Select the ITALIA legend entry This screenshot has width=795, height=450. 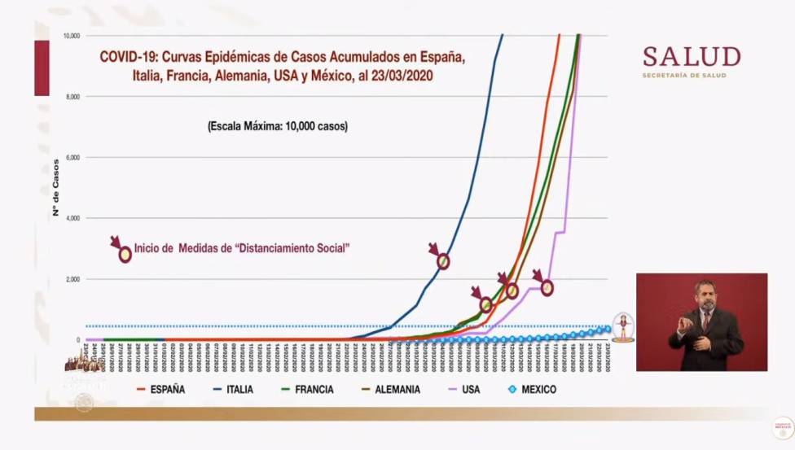(x=233, y=390)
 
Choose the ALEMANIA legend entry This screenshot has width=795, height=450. (x=391, y=390)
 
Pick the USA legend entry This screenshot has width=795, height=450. (x=471, y=390)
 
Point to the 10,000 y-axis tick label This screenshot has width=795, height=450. (x=71, y=36)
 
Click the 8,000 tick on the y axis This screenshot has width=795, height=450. (x=73, y=97)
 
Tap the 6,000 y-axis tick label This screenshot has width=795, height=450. (x=73, y=158)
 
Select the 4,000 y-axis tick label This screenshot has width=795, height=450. (x=73, y=219)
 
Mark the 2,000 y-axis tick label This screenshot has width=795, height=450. (x=73, y=280)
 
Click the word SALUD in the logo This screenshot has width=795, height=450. (x=692, y=57)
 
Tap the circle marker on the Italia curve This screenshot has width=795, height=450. (x=443, y=261)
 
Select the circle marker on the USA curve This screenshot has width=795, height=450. (x=547, y=287)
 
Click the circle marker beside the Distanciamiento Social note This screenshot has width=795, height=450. (x=125, y=255)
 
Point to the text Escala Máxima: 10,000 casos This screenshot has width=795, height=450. (x=277, y=127)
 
